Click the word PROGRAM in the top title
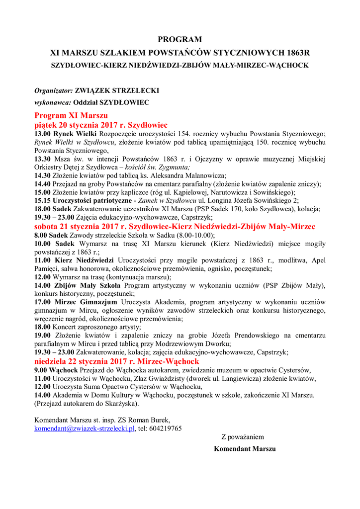pyautogui.click(x=180, y=39)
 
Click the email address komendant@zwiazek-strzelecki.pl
pyautogui.click(x=85, y=428)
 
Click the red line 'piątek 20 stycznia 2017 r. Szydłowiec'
pyautogui.click(x=100, y=124)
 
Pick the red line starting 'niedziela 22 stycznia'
pyautogui.click(x=116, y=361)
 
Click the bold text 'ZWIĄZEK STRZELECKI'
pyautogui.click(x=117, y=91)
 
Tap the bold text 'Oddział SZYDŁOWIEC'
pyautogui.click(x=111, y=102)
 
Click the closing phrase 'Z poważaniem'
pyautogui.click(x=243, y=437)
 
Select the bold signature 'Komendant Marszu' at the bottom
pyautogui.click(x=245, y=448)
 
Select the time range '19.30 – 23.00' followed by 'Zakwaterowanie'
pyautogui.click(x=54, y=352)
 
